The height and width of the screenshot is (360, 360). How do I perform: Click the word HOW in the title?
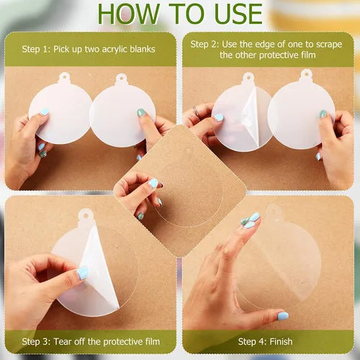[x=128, y=14]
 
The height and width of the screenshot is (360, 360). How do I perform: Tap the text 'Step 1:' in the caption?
[x=36, y=49]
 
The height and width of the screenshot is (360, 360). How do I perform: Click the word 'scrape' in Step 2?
[x=329, y=45]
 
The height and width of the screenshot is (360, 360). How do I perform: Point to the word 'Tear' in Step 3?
[x=63, y=341]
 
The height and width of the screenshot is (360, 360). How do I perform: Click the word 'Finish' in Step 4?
[x=281, y=341]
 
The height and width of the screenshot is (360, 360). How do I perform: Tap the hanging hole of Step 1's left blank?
[x=64, y=77]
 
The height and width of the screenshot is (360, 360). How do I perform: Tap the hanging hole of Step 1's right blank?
[x=122, y=78]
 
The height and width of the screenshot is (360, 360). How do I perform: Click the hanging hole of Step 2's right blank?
[x=307, y=73]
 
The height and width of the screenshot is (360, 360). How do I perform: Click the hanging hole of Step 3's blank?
[x=86, y=215]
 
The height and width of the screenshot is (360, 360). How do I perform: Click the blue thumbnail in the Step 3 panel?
[x=83, y=273]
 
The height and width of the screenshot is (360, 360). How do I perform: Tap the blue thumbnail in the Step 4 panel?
[x=283, y=316]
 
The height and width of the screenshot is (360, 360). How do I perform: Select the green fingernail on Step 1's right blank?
[x=141, y=112]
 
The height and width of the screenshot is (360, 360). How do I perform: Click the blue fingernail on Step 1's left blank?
[x=45, y=112]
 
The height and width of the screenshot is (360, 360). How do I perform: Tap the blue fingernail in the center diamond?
[x=153, y=184]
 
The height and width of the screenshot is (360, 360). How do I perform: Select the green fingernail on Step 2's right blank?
[x=323, y=114]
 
